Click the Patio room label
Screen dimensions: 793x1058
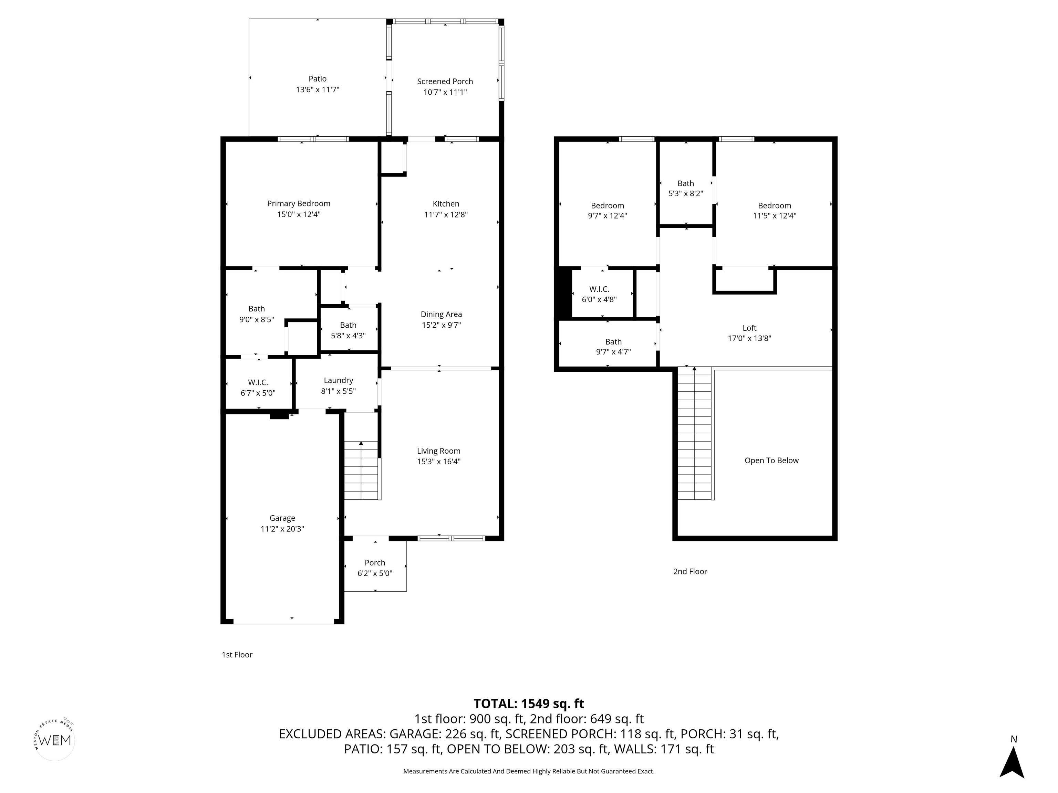click(318, 79)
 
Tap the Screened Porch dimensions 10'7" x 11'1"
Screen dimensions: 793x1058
click(445, 92)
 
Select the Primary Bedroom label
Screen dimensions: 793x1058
click(299, 204)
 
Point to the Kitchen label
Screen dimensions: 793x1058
click(446, 204)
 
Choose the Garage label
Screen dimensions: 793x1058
click(282, 518)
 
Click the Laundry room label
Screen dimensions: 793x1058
click(338, 380)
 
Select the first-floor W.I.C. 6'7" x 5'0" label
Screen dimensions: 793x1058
click(258, 388)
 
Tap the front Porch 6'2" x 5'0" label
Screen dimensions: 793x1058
click(375, 568)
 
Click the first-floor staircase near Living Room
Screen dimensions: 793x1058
click(362, 471)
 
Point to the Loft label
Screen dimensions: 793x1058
click(749, 328)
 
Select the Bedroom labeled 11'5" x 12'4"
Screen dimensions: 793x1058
click(774, 210)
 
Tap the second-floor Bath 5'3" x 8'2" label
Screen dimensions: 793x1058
click(685, 188)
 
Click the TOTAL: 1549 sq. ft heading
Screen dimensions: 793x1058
click(529, 704)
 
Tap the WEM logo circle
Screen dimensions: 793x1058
click(55, 740)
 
